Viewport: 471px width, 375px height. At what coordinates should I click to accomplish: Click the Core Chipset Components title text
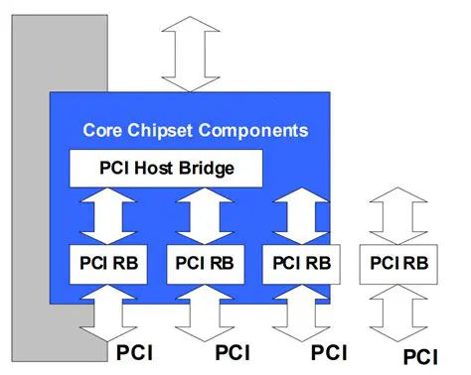click(195, 130)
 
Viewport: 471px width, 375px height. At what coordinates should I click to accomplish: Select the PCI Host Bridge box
click(165, 168)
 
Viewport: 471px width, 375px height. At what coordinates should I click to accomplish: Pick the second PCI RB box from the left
click(205, 263)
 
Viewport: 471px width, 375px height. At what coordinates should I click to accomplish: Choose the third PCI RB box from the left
click(301, 263)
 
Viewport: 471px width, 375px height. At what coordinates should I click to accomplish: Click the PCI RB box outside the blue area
click(398, 263)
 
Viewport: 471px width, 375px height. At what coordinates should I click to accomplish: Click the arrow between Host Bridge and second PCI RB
click(205, 213)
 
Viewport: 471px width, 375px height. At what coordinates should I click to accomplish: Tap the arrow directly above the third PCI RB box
click(301, 213)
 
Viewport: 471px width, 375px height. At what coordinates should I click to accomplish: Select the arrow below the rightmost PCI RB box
click(398, 312)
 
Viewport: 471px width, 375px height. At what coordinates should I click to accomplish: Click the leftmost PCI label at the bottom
click(136, 351)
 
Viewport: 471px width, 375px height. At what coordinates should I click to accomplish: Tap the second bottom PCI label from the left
click(233, 351)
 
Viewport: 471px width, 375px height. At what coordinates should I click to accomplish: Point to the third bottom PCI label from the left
click(329, 351)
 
